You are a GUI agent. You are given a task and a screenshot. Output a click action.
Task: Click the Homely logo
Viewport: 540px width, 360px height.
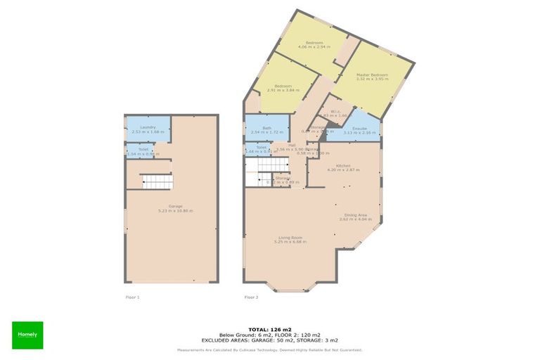pyautogui.click(x=27, y=335)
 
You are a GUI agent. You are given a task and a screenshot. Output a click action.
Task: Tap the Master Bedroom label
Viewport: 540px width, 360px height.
pyautogui.click(x=372, y=76)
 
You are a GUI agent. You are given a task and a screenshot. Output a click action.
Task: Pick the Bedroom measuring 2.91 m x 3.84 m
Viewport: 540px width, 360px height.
pyautogui.click(x=283, y=88)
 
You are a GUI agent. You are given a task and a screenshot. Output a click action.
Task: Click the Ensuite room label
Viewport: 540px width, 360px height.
pyautogui.click(x=360, y=131)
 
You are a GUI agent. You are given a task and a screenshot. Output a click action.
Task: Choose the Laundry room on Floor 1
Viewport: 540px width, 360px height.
pyautogui.click(x=148, y=129)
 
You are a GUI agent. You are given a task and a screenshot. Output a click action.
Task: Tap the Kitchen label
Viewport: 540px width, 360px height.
pyautogui.click(x=343, y=167)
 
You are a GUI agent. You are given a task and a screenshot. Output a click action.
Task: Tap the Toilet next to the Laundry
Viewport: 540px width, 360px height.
pyautogui.click(x=143, y=151)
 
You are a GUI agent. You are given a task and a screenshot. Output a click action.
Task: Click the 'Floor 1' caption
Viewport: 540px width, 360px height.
pyautogui.click(x=132, y=297)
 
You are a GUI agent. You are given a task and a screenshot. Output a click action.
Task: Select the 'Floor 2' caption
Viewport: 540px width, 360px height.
pyautogui.click(x=251, y=297)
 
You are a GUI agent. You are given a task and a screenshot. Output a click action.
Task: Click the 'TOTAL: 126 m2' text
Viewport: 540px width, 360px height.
pyautogui.click(x=269, y=328)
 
